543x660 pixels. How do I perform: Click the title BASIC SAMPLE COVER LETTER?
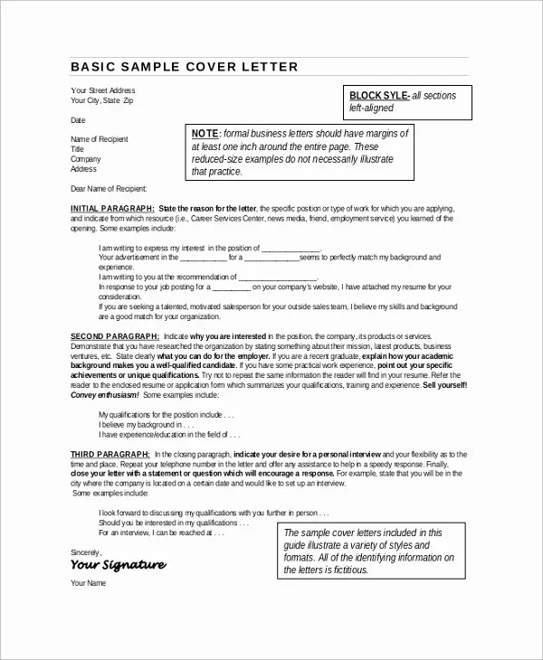(x=184, y=67)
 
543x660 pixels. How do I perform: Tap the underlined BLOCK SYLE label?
(x=379, y=96)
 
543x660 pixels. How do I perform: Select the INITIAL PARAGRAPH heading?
(x=111, y=207)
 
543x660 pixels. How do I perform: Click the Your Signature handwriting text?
(x=118, y=564)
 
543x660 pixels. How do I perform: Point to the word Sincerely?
(x=87, y=550)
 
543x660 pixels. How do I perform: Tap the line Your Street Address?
(x=102, y=90)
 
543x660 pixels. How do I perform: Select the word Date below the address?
(x=78, y=119)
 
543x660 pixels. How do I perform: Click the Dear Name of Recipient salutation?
(x=108, y=188)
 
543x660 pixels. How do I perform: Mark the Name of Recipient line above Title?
(x=100, y=139)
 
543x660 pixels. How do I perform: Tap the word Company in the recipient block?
(x=85, y=159)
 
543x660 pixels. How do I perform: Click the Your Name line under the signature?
(x=88, y=583)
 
